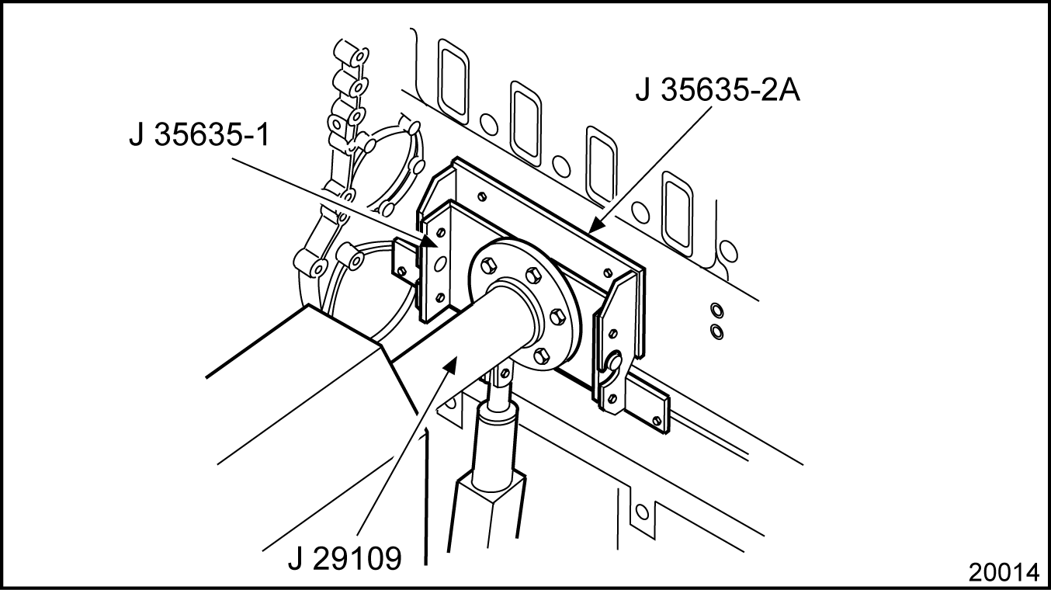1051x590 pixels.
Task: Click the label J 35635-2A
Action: pos(718,90)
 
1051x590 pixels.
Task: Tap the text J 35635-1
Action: pos(200,135)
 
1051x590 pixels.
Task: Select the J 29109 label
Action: pos(345,558)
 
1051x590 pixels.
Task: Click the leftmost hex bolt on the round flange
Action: pos(488,265)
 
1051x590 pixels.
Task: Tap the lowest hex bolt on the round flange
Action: pos(541,356)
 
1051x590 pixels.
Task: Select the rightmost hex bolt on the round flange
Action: pos(557,318)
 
